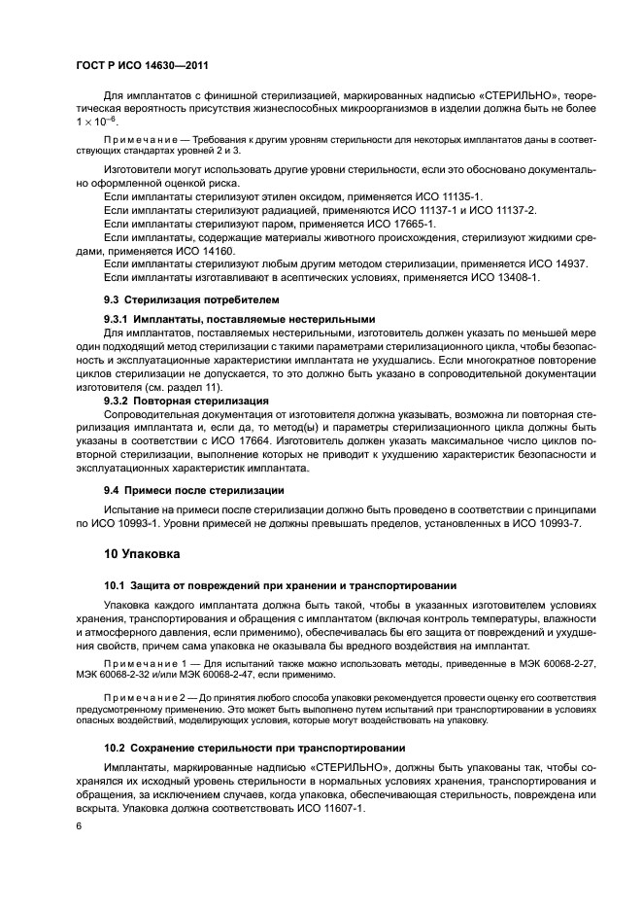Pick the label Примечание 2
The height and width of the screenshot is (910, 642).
[145, 697]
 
